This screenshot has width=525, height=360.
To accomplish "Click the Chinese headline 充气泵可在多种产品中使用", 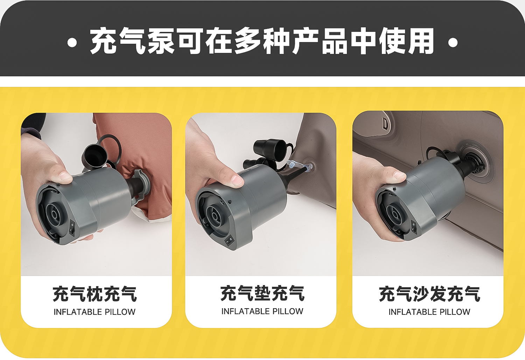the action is click(x=262, y=41).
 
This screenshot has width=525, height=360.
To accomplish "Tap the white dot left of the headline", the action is click(x=72, y=43).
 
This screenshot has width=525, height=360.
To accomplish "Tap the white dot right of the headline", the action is click(x=453, y=43).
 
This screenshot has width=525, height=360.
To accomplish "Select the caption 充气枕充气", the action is click(x=95, y=293).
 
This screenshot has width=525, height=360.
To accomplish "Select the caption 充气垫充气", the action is click(x=262, y=293).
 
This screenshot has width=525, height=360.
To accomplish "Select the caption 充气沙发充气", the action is click(x=429, y=293).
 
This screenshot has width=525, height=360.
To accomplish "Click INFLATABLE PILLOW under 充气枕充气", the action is click(x=95, y=312).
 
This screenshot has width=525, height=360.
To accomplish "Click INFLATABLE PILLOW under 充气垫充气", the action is click(x=262, y=311).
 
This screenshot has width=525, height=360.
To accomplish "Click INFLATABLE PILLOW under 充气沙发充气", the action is click(x=429, y=312).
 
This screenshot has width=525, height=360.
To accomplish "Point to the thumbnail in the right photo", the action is click(x=400, y=175).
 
